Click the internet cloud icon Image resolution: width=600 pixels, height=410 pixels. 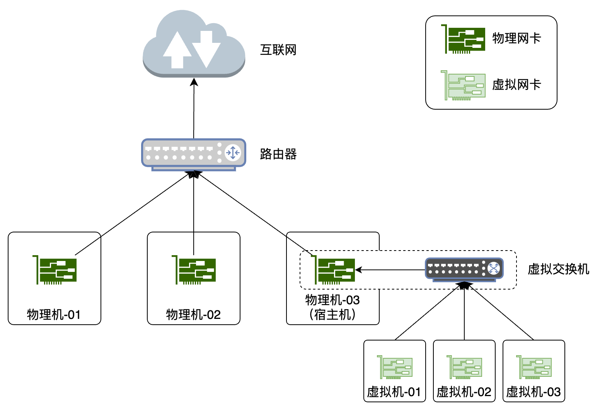coord(194,44)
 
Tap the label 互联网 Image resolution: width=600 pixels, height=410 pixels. coord(278,50)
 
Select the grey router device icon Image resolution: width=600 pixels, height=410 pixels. coord(193,154)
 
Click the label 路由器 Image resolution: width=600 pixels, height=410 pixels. coord(278,154)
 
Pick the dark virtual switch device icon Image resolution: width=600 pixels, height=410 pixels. coord(464,269)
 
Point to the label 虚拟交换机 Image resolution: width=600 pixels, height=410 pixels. coord(558,269)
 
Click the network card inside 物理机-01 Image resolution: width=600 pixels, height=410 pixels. coord(55,270)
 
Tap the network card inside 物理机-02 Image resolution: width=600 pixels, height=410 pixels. coord(194,270)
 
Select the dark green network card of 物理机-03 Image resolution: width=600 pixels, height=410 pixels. coord(333,270)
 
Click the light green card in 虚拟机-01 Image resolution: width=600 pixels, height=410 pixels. coord(395,367)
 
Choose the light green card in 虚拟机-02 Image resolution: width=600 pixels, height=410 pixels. coord(464,367)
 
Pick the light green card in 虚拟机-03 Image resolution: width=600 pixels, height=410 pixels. coord(534,367)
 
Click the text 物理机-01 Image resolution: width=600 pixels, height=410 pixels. coord(54,315)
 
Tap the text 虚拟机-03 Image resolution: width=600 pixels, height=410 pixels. coord(534,392)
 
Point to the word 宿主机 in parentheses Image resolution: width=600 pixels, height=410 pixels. coord(333,315)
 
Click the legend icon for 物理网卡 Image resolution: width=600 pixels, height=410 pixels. coord(464,39)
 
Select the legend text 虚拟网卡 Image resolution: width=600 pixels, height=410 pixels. coord(516,85)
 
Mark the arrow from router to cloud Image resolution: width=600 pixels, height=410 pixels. coord(194,108)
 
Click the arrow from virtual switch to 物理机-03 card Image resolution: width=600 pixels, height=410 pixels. coord(390,270)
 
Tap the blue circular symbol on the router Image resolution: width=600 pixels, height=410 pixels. coord(233,152)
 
